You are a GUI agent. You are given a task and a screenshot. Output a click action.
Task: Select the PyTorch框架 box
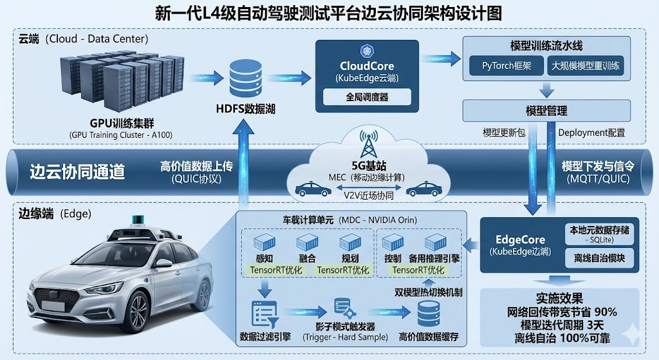pos(507,66)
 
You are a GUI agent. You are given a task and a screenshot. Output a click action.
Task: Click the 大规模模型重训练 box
pos(586,66)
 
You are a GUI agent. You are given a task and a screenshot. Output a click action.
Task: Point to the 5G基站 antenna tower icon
pos(369,144)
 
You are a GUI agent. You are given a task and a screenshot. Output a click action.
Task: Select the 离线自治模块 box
pos(599,258)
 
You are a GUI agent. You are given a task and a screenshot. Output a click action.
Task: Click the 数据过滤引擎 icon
pos(266,314)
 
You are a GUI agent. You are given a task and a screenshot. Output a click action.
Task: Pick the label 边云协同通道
pos(77,172)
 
